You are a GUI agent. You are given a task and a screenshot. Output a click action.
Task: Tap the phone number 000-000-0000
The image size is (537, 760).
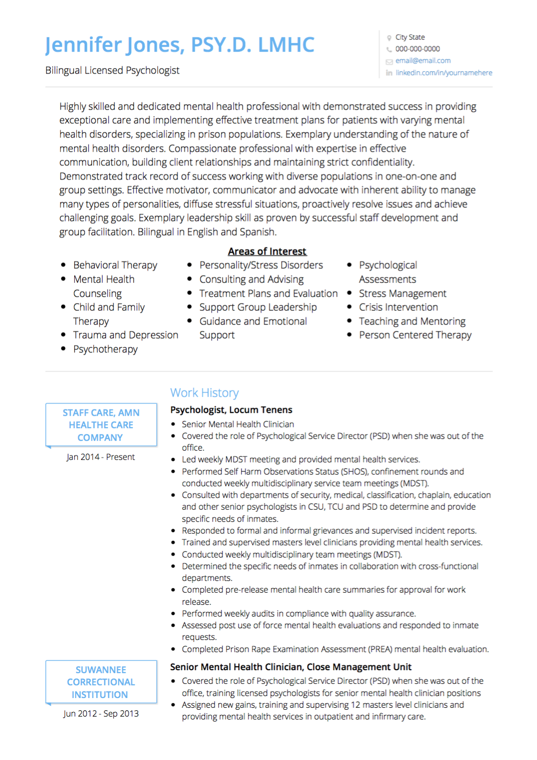(417, 49)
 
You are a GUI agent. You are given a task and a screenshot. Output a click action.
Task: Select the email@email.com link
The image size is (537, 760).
(423, 60)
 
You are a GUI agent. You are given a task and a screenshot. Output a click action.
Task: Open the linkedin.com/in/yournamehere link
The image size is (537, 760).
(443, 73)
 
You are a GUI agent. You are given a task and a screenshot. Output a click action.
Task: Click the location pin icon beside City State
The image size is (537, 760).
(389, 38)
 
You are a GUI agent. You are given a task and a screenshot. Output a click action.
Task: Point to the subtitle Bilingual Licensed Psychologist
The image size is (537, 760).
(112, 70)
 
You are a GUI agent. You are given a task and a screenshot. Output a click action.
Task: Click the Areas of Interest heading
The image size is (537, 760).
(267, 251)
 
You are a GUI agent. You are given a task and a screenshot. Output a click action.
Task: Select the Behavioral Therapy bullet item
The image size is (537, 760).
(115, 265)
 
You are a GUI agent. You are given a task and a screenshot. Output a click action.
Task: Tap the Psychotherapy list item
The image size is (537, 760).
(105, 349)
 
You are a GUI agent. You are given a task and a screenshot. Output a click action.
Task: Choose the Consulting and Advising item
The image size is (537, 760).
(251, 280)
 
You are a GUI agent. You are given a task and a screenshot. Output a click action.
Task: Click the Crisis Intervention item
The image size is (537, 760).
(398, 307)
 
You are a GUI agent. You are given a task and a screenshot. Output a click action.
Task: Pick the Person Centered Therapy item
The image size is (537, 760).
(415, 335)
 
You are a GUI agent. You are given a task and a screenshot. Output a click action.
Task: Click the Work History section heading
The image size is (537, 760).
(204, 393)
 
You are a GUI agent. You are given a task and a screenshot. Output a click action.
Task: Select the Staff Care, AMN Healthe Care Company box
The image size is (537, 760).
(101, 425)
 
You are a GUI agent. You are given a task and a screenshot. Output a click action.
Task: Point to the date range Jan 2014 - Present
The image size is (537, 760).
(101, 457)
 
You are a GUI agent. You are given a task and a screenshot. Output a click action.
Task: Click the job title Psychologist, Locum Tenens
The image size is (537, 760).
(231, 410)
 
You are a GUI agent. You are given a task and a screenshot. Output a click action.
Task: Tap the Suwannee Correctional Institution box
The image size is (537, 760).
(101, 682)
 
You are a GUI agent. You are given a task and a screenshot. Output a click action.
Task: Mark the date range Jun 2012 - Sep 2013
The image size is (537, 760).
(101, 714)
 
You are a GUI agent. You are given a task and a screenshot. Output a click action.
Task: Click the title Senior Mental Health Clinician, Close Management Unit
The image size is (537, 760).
(290, 667)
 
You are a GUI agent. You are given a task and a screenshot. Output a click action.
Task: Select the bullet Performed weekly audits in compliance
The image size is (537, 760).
(298, 614)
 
